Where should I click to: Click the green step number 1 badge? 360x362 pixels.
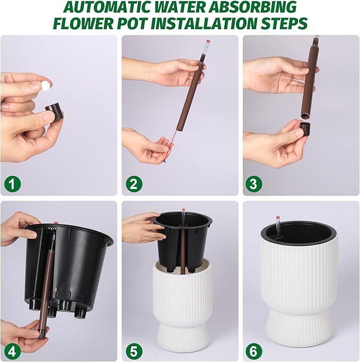click(12, 184)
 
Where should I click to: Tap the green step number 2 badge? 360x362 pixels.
click(134, 184)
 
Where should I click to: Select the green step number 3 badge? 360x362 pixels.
click(253, 184)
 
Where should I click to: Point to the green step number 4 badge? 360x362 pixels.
click(12, 352)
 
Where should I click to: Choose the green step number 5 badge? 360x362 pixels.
click(134, 352)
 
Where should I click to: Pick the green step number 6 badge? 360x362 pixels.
click(253, 352)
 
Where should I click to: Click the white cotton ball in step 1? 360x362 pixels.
click(46, 85)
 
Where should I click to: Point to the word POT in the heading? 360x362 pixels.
click(133, 23)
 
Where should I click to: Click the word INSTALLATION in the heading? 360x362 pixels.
click(203, 23)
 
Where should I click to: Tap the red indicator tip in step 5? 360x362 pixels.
click(183, 210)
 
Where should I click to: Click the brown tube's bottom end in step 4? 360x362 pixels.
click(42, 335)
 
